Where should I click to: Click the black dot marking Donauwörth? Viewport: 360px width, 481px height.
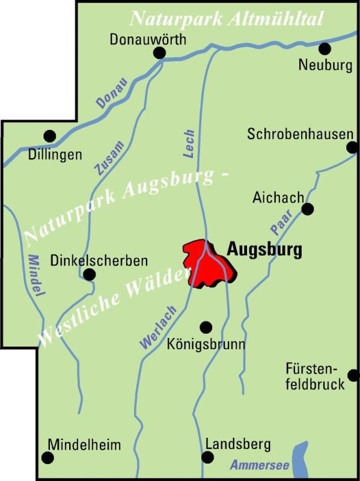tap(159, 54)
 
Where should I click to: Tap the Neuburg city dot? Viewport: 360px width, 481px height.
tap(325, 48)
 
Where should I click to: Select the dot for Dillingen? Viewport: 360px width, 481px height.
tap(50, 136)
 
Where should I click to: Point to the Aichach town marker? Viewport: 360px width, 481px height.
tap(308, 209)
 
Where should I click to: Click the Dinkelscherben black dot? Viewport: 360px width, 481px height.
tap(89, 275)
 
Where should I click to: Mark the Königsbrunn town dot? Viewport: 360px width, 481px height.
tap(206, 327)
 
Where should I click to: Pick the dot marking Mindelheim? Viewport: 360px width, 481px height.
tap(48, 458)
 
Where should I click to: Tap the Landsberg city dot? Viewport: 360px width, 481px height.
tap(207, 458)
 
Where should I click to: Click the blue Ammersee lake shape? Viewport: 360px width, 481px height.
tap(299, 456)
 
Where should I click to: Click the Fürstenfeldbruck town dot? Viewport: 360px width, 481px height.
tap(353, 375)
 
